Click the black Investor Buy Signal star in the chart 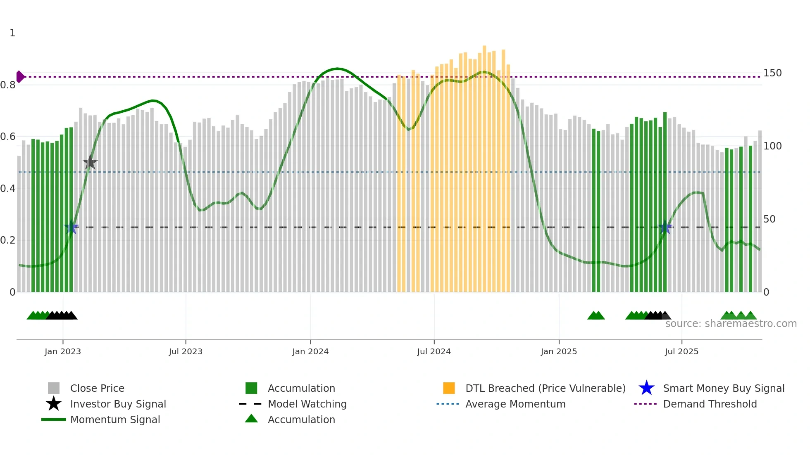[x=90, y=163]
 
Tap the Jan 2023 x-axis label [x=63, y=352]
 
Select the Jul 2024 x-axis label [x=434, y=352]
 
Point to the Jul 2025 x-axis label [x=681, y=352]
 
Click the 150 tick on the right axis [x=772, y=73]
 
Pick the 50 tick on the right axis [x=769, y=219]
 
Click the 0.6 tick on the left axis [x=8, y=137]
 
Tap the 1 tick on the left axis [x=12, y=33]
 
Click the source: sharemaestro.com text [x=731, y=324]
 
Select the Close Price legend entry [x=97, y=389]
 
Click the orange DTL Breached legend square [x=449, y=388]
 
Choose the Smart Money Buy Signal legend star [x=646, y=388]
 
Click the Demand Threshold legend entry [x=710, y=404]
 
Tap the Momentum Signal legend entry [x=115, y=420]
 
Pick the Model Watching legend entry [x=307, y=404]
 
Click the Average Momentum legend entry [x=515, y=404]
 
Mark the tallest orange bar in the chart [x=484, y=165]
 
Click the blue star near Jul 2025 [x=665, y=227]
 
